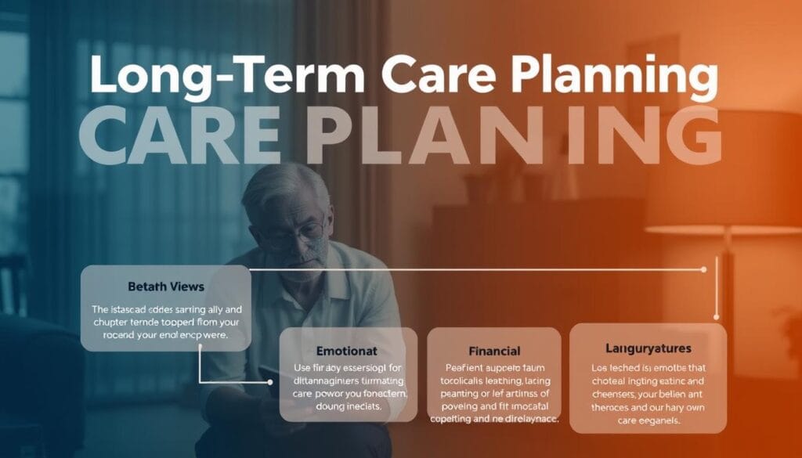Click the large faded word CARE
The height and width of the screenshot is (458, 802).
click(x=186, y=135)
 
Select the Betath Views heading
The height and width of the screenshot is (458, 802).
click(x=165, y=287)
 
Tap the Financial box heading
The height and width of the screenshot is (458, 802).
click(x=493, y=351)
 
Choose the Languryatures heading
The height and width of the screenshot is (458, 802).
click(x=648, y=346)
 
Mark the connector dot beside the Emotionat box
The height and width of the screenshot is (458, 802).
click(x=270, y=382)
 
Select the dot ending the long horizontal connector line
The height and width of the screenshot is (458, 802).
click(x=704, y=269)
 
